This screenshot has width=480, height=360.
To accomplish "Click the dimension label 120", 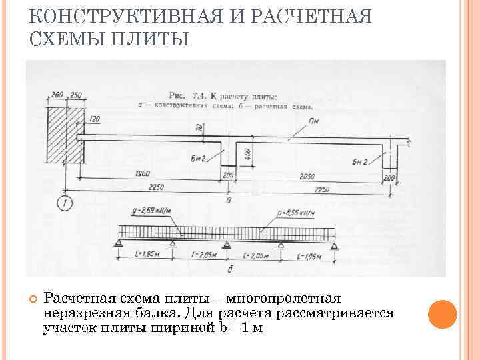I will [93, 118].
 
